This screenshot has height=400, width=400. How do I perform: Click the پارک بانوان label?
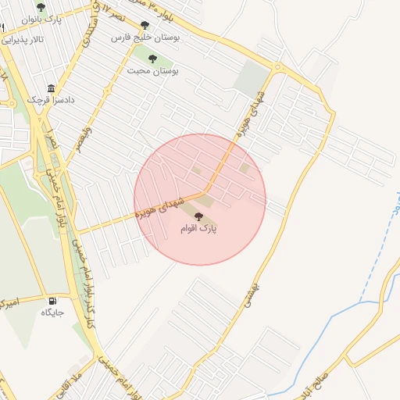click(x=41, y=19)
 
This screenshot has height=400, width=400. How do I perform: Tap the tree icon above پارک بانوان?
click(x=41, y=6)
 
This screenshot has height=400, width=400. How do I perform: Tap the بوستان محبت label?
click(x=153, y=70)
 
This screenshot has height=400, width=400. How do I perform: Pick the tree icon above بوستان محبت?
click(x=152, y=59)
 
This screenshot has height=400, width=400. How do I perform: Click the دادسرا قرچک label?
click(x=49, y=100)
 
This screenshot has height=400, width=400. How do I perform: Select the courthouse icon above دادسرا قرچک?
click(x=52, y=87)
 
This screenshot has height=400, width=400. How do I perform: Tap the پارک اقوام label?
click(x=199, y=229)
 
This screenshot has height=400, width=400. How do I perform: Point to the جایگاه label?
click(x=52, y=312)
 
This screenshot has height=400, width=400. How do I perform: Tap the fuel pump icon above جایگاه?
click(x=52, y=301)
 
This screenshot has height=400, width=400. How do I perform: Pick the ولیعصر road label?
click(x=81, y=139)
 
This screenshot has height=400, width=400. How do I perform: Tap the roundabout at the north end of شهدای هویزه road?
click(x=278, y=67)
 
